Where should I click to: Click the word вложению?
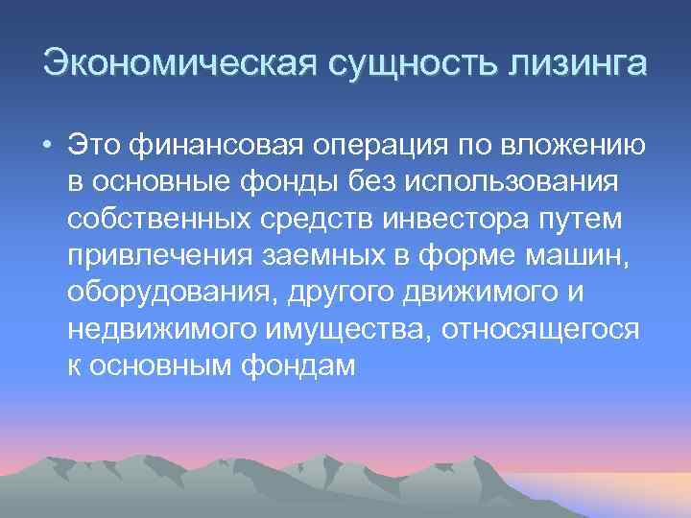click(568, 147)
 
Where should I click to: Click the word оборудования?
click(168, 293)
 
